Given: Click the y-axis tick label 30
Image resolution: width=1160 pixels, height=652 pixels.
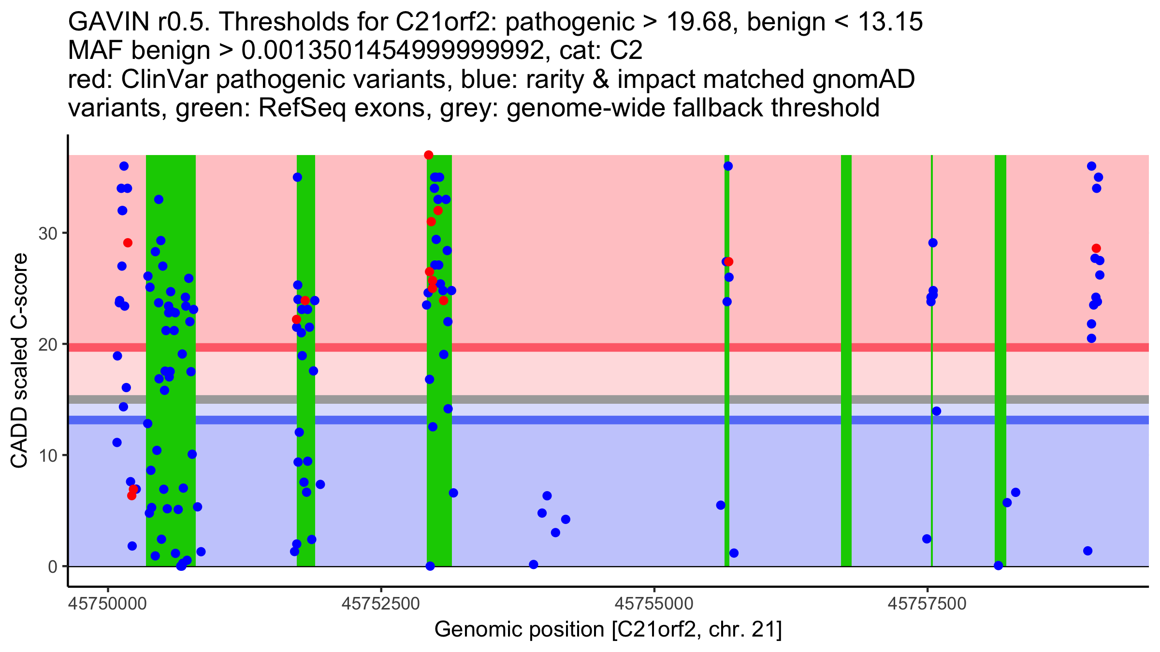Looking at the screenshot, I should (x=47, y=234).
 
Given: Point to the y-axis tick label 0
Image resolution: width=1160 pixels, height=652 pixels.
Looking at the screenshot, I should (x=52, y=567).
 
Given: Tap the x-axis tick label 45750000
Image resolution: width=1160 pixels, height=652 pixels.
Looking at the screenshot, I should (x=108, y=604).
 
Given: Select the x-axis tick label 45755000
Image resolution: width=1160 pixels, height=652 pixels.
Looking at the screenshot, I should (x=654, y=604).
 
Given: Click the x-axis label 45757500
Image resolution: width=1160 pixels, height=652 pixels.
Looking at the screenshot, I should (x=927, y=604).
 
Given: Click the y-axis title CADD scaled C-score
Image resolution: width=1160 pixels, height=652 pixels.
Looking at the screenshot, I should (x=19, y=361).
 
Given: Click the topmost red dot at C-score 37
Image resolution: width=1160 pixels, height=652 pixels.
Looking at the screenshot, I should (x=429, y=155).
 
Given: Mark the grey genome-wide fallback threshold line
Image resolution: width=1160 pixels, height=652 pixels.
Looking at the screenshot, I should (x=580, y=399).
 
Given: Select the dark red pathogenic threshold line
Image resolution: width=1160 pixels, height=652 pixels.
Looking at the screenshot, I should (x=580, y=347).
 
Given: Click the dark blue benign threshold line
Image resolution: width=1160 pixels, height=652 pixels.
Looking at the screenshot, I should (x=580, y=420).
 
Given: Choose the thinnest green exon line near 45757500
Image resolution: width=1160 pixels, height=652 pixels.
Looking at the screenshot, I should (x=932, y=435).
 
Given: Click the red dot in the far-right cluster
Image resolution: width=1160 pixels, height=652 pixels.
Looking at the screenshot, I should (x=1096, y=248).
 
